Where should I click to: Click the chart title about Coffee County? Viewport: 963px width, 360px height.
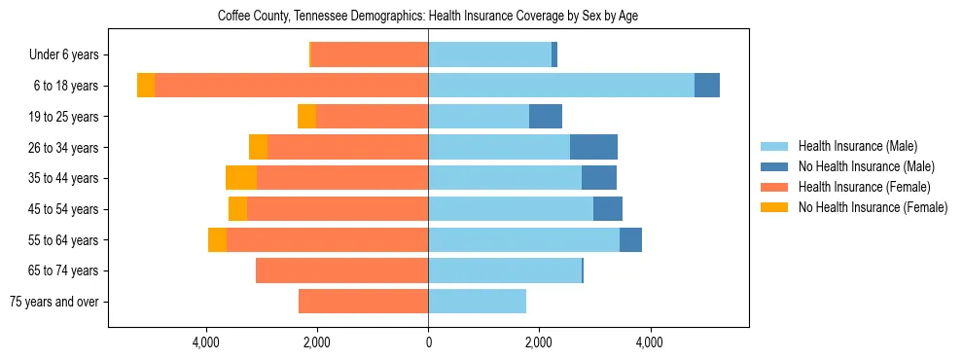coord(428,17)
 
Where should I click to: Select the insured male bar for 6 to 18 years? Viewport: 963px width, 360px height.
coord(561,86)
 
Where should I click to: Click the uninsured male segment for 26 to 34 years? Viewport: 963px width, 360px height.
coord(593,147)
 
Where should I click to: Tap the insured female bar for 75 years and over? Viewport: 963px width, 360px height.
coord(363,302)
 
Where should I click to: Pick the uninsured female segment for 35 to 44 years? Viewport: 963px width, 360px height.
coord(241,178)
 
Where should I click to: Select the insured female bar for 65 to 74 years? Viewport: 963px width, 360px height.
coord(341,270)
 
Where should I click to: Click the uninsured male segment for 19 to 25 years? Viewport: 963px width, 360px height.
coord(546,117)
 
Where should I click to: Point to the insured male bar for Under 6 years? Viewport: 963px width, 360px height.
coord(489,54)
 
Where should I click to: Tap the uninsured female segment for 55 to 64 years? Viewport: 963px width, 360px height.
coord(217,239)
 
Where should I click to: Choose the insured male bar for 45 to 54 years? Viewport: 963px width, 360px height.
coord(511,209)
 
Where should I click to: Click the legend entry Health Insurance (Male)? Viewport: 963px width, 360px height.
coord(857,146)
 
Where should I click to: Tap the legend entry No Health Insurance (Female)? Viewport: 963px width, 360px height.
coord(873,207)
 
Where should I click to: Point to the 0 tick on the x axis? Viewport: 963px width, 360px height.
coord(428,342)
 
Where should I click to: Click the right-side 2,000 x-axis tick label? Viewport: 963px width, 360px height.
coord(539,342)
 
